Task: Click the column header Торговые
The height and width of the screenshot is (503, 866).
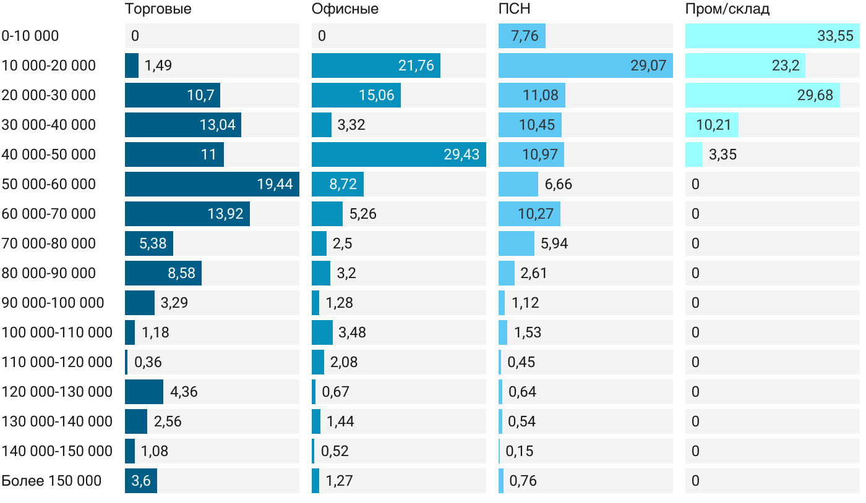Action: [x=158, y=9]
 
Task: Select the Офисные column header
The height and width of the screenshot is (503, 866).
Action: [x=345, y=9]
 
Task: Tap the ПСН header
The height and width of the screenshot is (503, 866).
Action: [x=514, y=9]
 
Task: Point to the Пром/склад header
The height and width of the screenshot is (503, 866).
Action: [x=727, y=9]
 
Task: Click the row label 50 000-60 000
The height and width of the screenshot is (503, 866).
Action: [x=49, y=184]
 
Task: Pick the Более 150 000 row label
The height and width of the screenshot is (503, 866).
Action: [x=51, y=481]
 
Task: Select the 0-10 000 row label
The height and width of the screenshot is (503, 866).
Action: [x=30, y=36]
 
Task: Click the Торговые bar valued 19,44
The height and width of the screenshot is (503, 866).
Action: [x=212, y=184]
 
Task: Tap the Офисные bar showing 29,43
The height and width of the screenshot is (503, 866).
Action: [x=398, y=154]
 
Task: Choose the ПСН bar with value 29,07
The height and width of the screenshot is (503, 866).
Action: [x=585, y=66]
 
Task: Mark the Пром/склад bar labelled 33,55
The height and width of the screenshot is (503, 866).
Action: [x=772, y=36]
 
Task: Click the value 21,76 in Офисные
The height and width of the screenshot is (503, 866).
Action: [x=416, y=66]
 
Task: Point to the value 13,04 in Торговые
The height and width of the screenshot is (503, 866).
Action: [x=217, y=125]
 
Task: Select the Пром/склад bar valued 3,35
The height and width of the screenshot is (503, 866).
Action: [x=693, y=154]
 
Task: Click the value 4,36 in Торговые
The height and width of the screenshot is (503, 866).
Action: [x=184, y=392]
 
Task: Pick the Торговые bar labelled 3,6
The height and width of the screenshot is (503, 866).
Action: [x=140, y=481]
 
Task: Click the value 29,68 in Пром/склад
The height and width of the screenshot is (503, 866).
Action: [x=815, y=95]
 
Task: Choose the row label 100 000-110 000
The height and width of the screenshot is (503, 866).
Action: [x=57, y=332]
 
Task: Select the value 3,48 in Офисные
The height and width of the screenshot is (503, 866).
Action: [x=352, y=332]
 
